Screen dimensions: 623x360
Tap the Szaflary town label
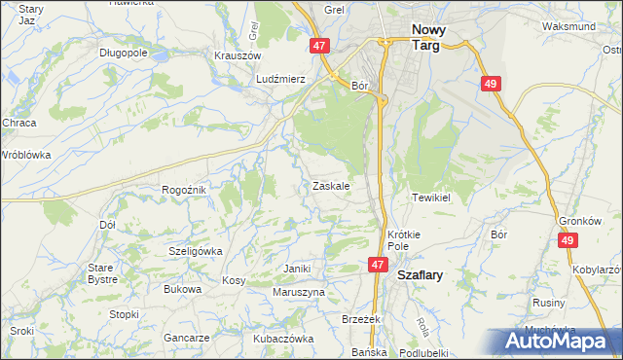point(420,275)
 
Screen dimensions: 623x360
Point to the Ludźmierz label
point(281,78)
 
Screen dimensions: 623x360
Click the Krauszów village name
point(235,55)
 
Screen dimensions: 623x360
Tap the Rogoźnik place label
point(184,190)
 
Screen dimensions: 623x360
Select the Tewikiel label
point(433,197)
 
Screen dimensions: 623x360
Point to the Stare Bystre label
point(101,272)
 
